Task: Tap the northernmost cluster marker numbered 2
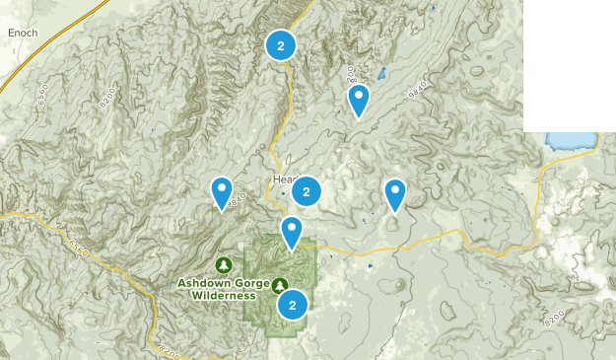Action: coord(281,45)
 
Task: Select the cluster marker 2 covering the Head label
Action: coord(307,191)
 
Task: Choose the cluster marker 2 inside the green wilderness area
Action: coord(292,305)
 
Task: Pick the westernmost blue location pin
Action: coord(222,190)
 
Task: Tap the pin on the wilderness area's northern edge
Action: coord(292,232)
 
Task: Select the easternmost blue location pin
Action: coord(395,193)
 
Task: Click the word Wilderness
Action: coord(225,295)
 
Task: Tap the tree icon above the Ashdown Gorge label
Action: coord(225,264)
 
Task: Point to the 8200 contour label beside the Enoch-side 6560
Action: coord(106,96)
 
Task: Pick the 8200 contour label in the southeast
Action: coord(556,320)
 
